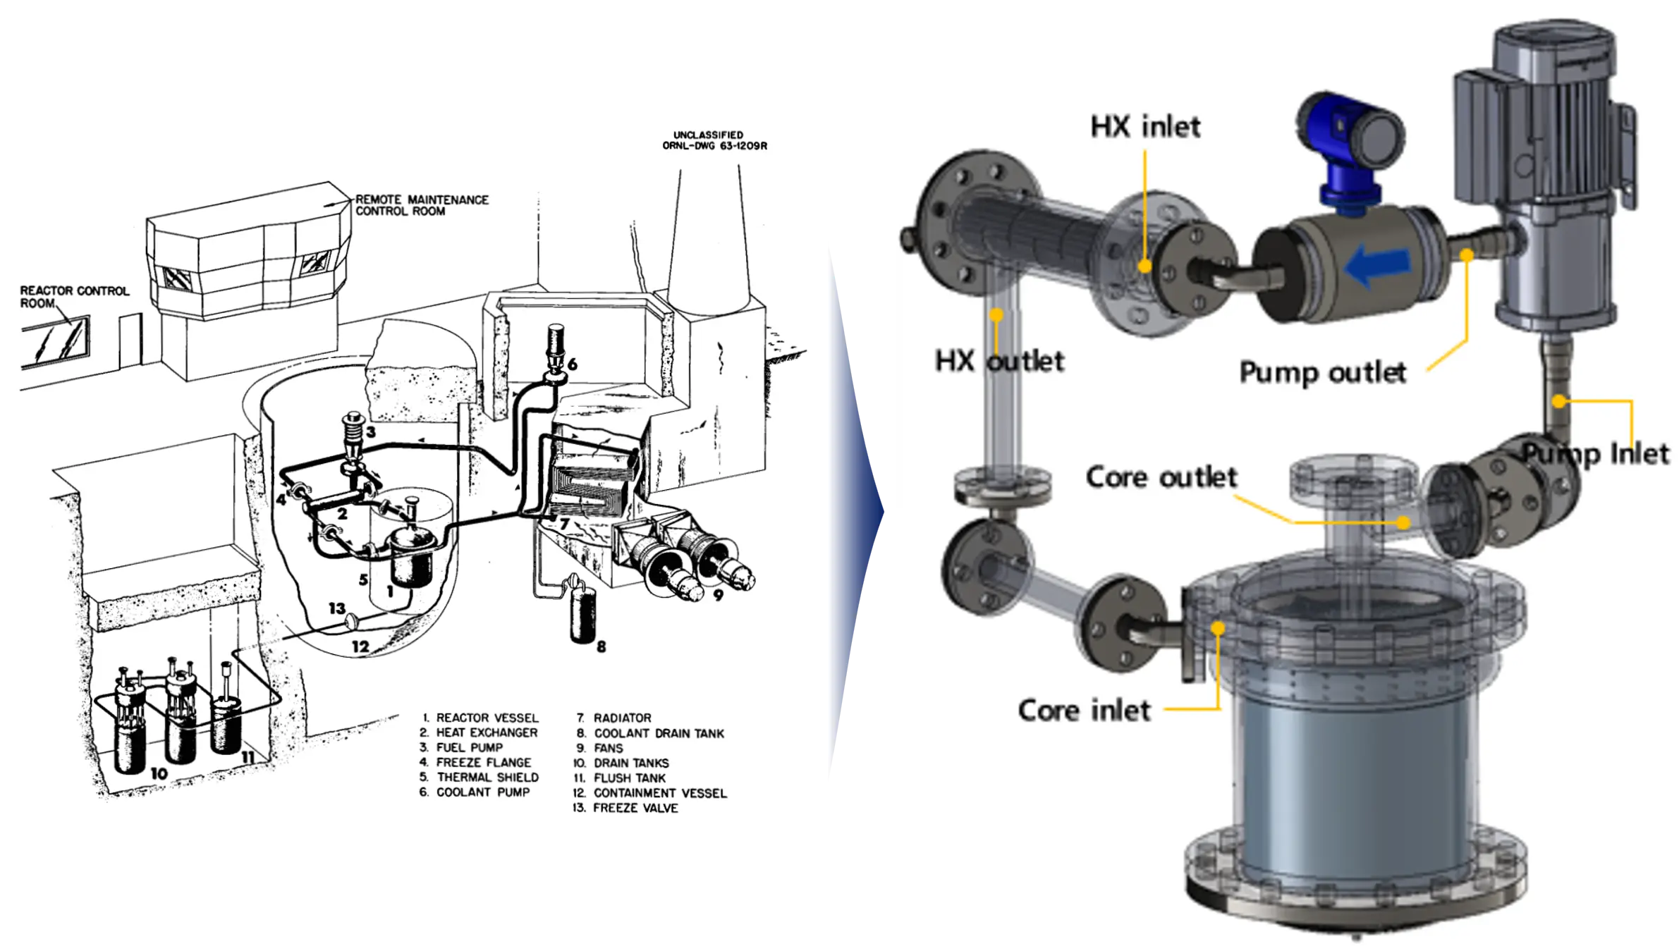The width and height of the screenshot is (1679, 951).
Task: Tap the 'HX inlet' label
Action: point(1145,127)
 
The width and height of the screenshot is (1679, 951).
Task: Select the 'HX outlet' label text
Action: point(999,361)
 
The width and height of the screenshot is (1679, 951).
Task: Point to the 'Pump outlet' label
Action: point(1323,372)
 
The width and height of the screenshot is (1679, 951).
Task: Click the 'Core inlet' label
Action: point(1084,710)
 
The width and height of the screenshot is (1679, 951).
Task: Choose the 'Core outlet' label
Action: point(1161,477)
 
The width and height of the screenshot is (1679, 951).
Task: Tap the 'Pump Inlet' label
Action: point(1595,453)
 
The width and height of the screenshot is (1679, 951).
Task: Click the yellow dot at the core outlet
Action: point(1403,522)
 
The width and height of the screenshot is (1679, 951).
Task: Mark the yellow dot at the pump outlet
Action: point(1466,255)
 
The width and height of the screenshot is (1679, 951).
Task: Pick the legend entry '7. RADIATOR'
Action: point(613,718)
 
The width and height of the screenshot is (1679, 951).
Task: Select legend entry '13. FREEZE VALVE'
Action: point(625,808)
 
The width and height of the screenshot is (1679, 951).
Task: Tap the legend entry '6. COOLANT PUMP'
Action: point(475,792)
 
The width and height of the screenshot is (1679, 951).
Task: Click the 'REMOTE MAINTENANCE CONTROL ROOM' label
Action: point(422,205)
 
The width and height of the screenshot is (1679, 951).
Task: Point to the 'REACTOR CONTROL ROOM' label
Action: point(75,297)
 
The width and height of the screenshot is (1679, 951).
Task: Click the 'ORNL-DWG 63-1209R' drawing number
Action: point(714,146)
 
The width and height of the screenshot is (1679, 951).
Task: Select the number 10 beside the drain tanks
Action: point(159,773)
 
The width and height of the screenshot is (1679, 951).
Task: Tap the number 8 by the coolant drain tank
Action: point(602,646)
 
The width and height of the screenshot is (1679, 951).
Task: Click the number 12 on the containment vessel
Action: point(360,646)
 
